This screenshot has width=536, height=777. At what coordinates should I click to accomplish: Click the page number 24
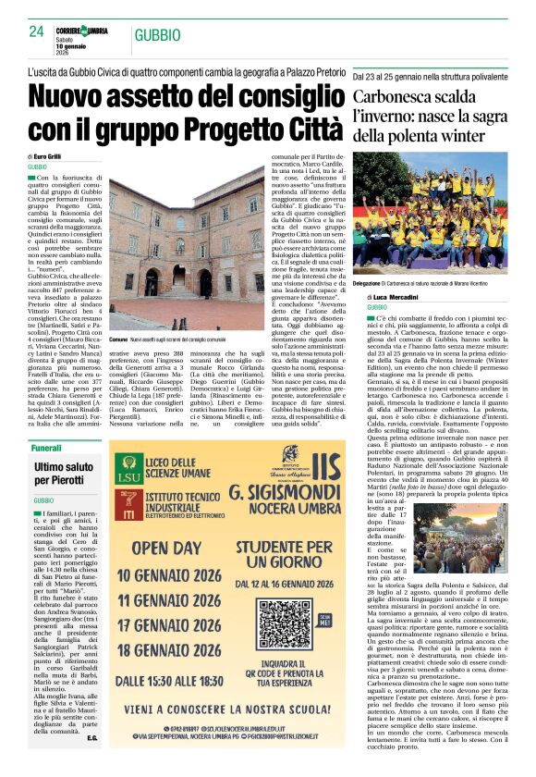37,32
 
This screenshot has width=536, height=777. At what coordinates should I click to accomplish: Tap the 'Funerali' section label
46,448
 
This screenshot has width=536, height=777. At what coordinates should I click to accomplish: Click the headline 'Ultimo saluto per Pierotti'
64,475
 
